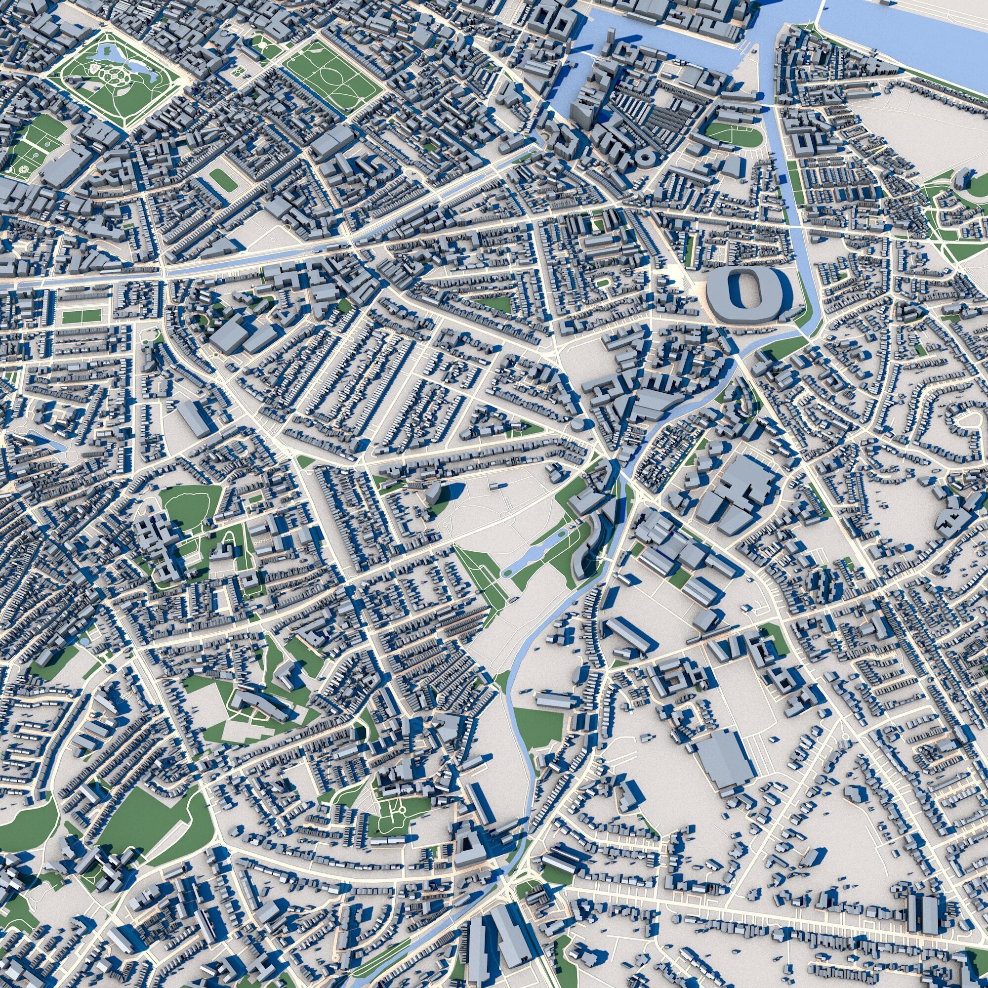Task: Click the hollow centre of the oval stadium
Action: point(740,289)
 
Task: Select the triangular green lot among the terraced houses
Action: point(496,304)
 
